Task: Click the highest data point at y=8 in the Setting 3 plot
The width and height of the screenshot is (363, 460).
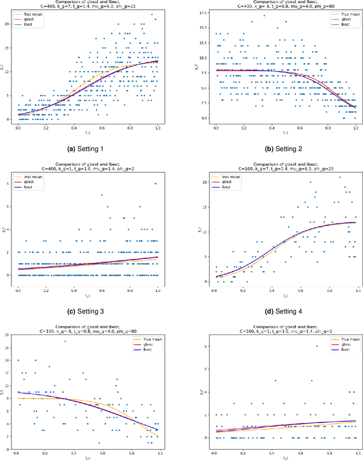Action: coord(154,184)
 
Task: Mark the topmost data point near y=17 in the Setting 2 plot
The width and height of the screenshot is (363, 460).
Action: coord(264,15)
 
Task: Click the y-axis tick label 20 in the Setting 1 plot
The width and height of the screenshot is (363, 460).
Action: coord(8,24)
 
